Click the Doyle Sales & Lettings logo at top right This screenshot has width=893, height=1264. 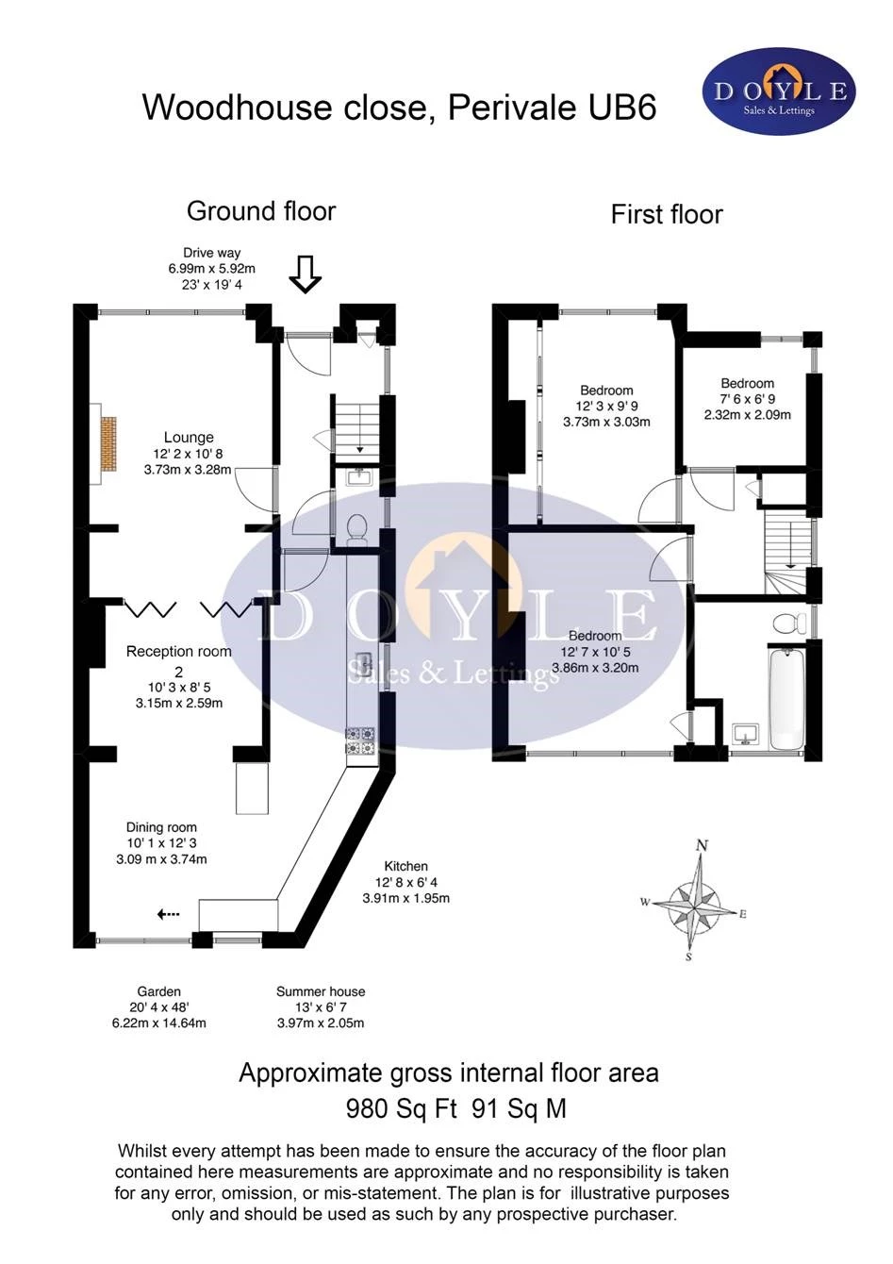[779, 91]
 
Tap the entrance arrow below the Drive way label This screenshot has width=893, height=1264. [305, 273]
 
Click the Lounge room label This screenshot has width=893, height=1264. [189, 438]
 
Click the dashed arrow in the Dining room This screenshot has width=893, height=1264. [169, 914]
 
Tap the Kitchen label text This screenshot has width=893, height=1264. [405, 866]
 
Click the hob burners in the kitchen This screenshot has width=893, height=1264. [361, 740]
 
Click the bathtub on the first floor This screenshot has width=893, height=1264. [786, 697]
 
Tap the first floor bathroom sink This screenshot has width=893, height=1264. [748, 733]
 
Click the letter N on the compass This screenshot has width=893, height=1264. [701, 845]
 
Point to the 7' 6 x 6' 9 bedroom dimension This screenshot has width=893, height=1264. [748, 399]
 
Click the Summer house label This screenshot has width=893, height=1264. [321, 991]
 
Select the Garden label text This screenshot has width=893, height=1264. [158, 991]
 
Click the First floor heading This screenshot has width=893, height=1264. [666, 214]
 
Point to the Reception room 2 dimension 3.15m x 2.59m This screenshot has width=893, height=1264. [178, 703]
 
